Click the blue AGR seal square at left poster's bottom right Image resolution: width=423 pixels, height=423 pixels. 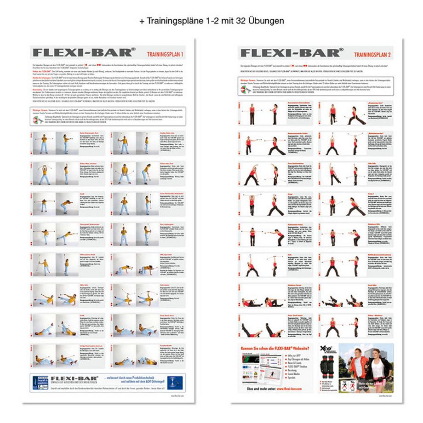point(174,382)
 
